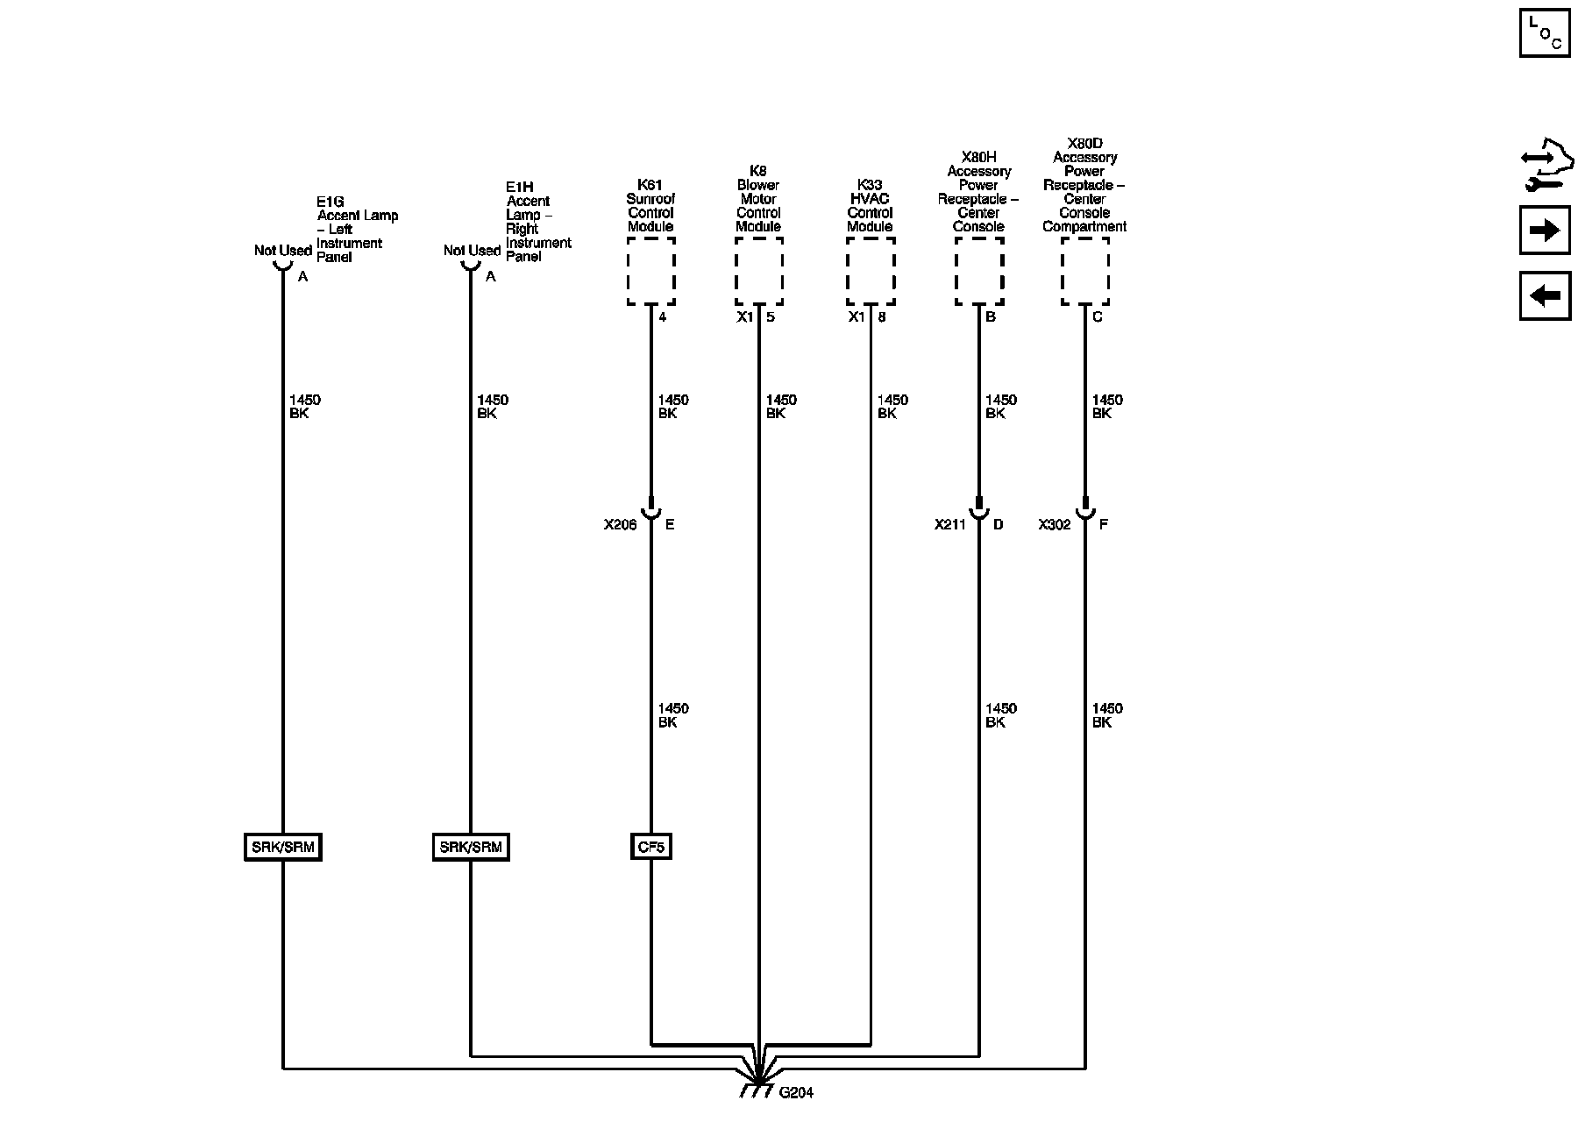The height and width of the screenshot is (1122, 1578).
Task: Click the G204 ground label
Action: click(796, 1093)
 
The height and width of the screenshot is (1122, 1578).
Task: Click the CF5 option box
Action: click(650, 847)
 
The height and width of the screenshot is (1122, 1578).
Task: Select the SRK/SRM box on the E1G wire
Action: click(283, 847)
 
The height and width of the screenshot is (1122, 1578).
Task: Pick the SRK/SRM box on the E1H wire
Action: click(471, 847)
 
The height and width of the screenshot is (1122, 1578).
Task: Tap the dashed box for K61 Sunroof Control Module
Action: click(650, 271)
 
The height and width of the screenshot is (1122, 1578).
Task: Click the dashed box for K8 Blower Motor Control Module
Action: click(758, 271)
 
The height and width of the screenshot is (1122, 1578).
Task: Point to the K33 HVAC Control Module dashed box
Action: click(870, 271)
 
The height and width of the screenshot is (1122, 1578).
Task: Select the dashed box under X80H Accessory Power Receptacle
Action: click(978, 271)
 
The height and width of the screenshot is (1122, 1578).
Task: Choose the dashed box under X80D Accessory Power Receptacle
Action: click(1084, 271)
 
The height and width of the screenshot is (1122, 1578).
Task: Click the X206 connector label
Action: click(620, 525)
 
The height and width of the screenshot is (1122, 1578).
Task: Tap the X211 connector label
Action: click(949, 525)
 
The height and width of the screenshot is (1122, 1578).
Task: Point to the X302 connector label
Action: click(1055, 525)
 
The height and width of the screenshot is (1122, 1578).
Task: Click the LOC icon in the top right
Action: click(1545, 32)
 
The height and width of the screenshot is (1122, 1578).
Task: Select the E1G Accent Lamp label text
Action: click(357, 229)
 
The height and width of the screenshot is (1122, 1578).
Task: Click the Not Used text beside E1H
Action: click(472, 251)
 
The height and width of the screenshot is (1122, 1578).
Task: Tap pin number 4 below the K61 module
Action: click(663, 317)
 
